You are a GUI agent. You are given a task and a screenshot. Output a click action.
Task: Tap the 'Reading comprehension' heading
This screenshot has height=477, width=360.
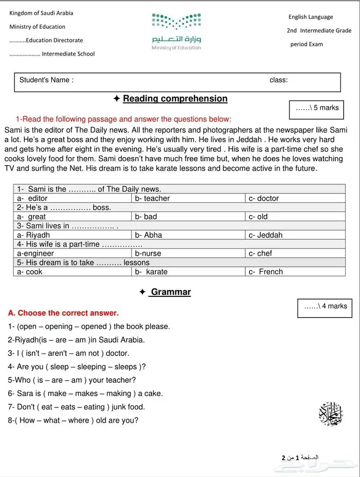175,99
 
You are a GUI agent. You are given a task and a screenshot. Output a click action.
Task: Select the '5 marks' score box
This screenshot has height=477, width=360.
317,109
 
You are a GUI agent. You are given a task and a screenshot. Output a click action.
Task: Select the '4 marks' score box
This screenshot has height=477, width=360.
325,307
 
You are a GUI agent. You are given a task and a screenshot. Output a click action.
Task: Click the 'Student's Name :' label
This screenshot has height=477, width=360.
46,80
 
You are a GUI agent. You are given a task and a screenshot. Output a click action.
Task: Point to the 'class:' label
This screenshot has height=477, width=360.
278,80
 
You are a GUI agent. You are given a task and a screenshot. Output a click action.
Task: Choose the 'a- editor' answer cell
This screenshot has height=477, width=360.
73,198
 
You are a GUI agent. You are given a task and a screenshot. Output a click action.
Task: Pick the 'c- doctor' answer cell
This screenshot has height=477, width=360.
295,198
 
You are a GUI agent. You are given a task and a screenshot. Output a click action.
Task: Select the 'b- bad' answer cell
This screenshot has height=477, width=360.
188,217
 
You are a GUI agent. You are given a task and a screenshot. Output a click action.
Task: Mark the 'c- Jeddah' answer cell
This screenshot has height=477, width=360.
295,235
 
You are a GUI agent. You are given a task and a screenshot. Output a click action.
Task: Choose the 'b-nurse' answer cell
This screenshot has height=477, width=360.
188,253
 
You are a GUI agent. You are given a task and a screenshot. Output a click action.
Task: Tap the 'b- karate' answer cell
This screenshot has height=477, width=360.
188,272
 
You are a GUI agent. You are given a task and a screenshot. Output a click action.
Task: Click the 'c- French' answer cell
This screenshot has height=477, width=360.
295,272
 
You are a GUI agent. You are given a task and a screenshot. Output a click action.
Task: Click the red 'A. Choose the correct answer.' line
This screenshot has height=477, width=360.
63,313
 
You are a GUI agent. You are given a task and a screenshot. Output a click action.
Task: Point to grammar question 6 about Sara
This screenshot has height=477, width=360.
85,394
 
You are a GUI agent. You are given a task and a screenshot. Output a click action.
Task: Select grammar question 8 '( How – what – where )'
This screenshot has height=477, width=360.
73,420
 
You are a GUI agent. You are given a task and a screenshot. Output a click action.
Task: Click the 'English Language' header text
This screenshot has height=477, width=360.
311,17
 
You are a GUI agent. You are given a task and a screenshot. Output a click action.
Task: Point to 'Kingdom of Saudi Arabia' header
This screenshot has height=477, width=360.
41,13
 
